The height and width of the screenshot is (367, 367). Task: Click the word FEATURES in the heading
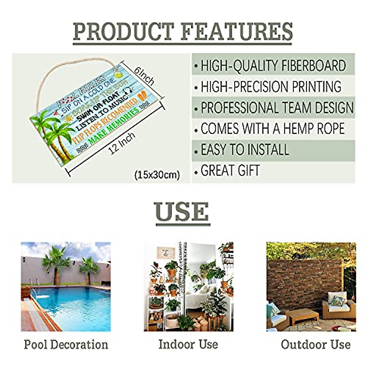click(x=237, y=32)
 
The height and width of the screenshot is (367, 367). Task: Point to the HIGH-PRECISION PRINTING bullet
click(x=271, y=87)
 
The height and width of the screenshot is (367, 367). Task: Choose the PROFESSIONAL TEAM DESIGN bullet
click(x=277, y=108)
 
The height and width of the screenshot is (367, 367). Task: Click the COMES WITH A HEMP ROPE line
click(x=272, y=129)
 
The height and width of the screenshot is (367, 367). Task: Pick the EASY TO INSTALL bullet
click(x=245, y=150)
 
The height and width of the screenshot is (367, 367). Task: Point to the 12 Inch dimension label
click(x=122, y=143)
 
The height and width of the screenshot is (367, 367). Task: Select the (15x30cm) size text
click(x=157, y=175)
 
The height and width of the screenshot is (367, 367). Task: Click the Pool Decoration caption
click(x=66, y=345)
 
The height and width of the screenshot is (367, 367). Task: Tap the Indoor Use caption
click(x=188, y=344)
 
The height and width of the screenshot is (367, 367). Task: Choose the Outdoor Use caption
click(x=316, y=345)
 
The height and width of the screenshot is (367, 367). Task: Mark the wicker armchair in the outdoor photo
click(x=338, y=304)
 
